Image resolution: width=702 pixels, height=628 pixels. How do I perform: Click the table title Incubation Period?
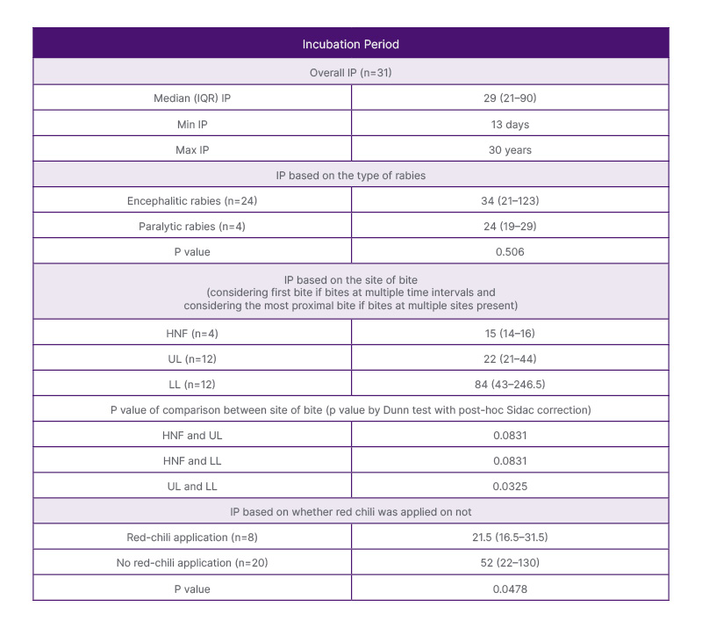click(350, 43)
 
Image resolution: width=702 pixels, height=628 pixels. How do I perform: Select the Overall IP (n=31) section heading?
click(350, 71)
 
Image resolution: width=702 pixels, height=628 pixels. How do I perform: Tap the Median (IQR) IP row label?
click(192, 97)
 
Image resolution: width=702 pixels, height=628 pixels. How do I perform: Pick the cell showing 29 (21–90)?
click(510, 97)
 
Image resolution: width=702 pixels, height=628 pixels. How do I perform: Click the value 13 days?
click(510, 124)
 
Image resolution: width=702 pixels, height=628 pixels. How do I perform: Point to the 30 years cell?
click(510, 149)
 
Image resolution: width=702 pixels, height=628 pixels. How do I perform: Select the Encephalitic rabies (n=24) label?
click(192, 201)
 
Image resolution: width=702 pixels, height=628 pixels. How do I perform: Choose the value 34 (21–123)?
click(510, 201)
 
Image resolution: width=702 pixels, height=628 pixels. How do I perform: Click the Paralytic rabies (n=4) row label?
click(192, 227)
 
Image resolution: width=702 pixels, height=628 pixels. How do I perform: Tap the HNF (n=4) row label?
click(192, 331)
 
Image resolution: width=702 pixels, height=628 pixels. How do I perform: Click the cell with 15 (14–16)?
click(510, 331)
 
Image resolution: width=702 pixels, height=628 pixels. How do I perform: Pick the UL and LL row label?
click(192, 485)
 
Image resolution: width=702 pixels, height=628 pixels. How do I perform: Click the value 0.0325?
click(510, 485)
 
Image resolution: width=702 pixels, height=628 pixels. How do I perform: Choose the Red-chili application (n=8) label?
click(192, 537)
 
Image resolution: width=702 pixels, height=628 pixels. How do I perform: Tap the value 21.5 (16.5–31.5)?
click(510, 537)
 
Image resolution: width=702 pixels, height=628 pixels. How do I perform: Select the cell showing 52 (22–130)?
click(510, 562)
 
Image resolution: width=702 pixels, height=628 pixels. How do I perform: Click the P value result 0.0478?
click(510, 588)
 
